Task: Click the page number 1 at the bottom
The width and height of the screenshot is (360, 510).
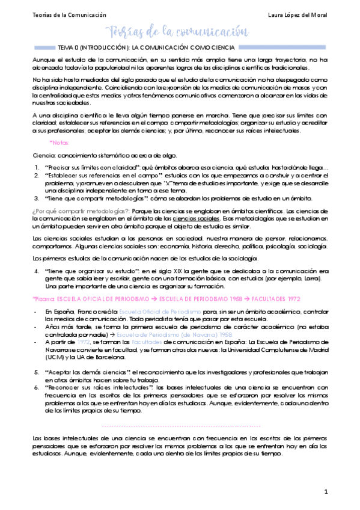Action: [x=326, y=492]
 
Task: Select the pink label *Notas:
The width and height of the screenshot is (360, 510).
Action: [x=60, y=143]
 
